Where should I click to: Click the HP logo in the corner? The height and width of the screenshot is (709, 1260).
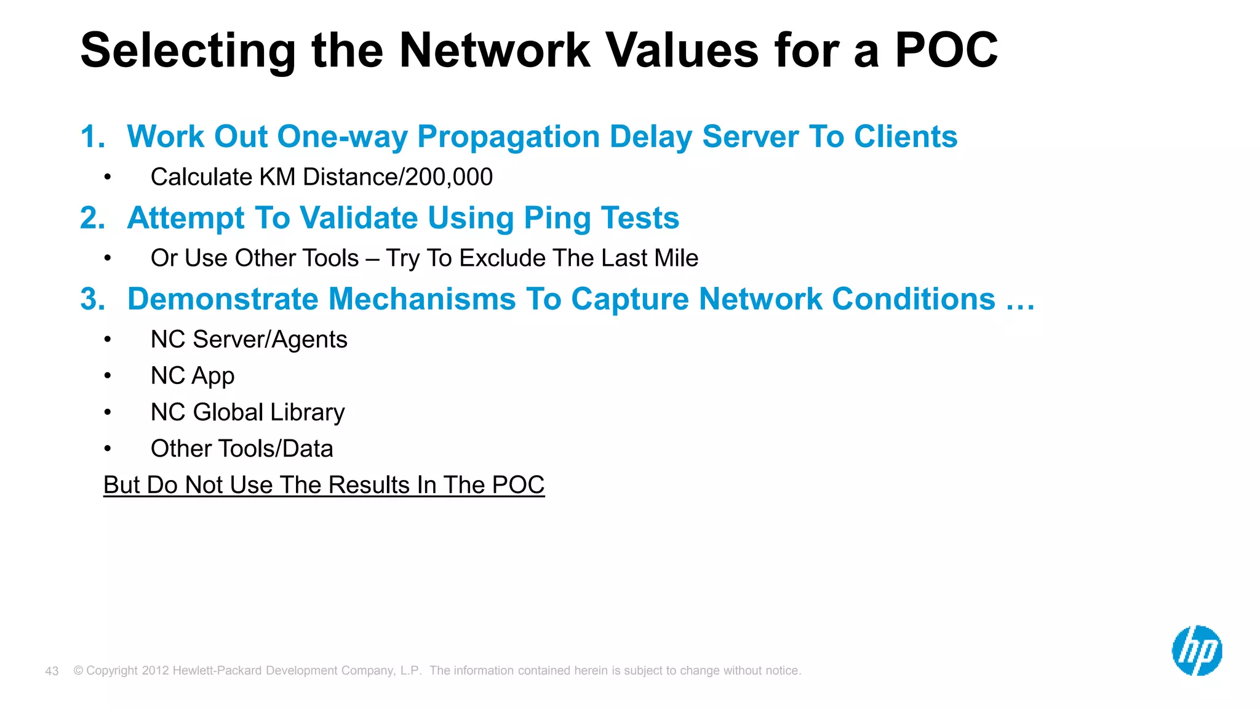click(1197, 651)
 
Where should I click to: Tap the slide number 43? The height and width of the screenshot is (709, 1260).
click(52, 671)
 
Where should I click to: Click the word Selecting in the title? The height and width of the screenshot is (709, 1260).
click(188, 50)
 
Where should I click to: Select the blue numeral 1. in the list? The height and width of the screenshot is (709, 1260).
click(92, 137)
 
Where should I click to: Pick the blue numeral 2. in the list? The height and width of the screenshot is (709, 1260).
click(92, 218)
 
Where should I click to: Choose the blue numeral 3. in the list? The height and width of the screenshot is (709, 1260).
click(92, 299)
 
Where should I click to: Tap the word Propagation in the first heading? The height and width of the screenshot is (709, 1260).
click(508, 137)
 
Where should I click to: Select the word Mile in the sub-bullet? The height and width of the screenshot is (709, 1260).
click(676, 258)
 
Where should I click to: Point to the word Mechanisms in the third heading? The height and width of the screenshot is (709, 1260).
click(422, 299)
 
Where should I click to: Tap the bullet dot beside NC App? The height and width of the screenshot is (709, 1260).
click(108, 376)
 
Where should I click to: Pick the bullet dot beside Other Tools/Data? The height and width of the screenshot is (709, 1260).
click(108, 449)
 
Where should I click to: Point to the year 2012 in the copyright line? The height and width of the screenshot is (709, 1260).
click(155, 671)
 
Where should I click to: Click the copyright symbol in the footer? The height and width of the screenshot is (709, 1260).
click(78, 671)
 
